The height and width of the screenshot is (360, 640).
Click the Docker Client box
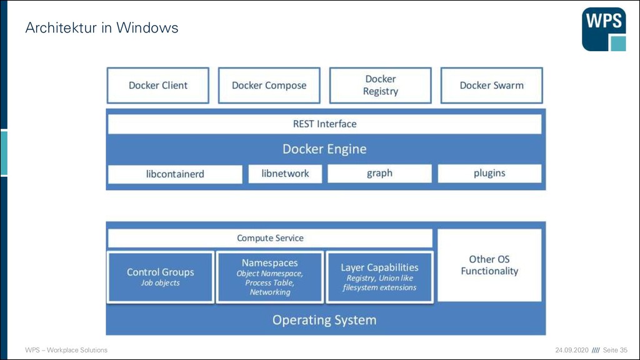click(x=158, y=85)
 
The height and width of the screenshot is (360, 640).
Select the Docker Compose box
click(x=269, y=85)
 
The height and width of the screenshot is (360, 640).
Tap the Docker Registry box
click(x=381, y=85)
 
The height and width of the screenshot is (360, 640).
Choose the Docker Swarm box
click(x=491, y=85)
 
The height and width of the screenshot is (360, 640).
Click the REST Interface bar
click(x=324, y=124)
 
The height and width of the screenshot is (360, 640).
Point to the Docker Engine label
click(x=324, y=149)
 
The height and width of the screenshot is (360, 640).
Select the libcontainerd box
click(x=175, y=174)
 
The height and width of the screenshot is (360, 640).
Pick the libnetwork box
click(x=285, y=174)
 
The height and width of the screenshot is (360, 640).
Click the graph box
click(x=379, y=173)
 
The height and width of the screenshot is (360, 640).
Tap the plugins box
click(x=489, y=173)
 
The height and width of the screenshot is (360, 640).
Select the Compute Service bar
click(x=270, y=238)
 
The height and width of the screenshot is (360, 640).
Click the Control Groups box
click(x=161, y=277)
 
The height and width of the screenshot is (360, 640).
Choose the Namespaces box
click(x=270, y=277)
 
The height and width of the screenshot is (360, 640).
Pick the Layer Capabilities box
click(x=379, y=277)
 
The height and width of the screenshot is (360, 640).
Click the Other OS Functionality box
click(x=489, y=265)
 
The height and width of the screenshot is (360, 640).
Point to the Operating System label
click(x=324, y=320)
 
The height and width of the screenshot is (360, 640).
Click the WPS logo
click(x=604, y=29)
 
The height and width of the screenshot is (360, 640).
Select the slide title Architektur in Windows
click(x=102, y=27)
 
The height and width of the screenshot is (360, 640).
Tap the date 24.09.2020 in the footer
click(x=572, y=350)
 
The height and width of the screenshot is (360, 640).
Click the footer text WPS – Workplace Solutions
click(x=66, y=350)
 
